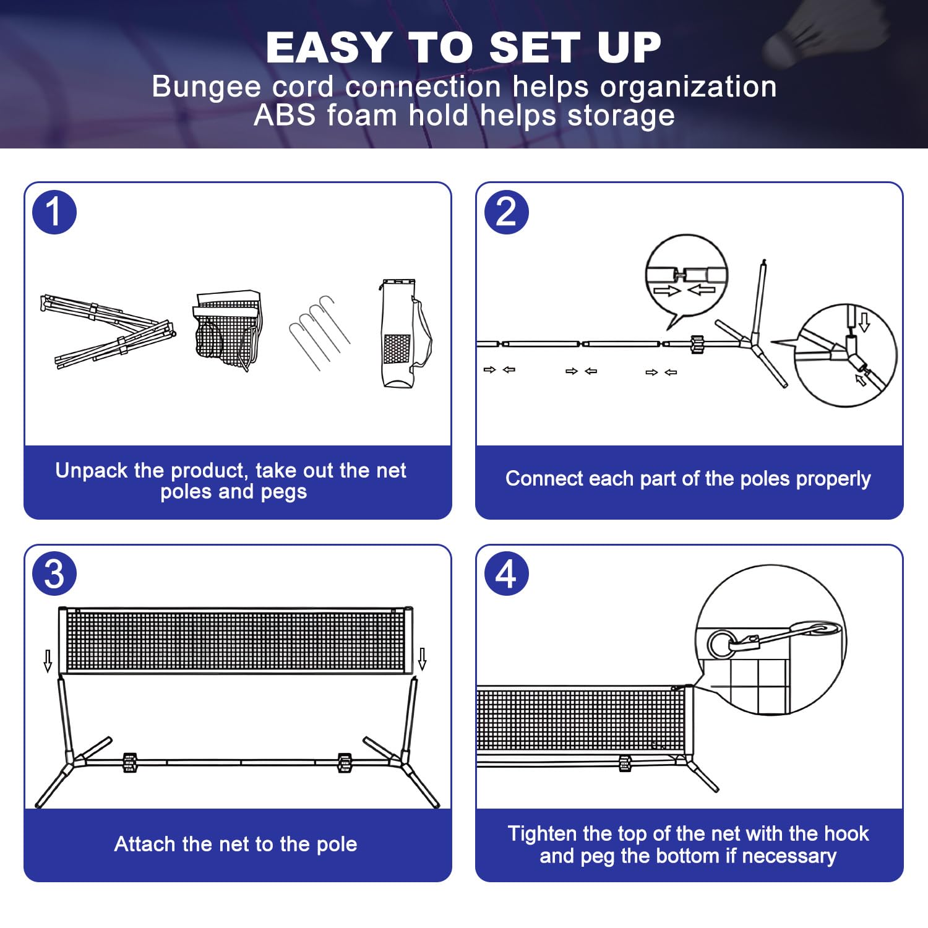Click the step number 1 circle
[x=54, y=212]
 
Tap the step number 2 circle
[x=506, y=212]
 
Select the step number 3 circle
[x=54, y=574]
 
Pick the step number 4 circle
[x=506, y=574]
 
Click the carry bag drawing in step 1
[x=403, y=334]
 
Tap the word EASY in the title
[x=329, y=48]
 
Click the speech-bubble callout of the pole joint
[x=686, y=276]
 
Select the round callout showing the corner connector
[x=845, y=355]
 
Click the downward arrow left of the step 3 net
[x=48, y=660]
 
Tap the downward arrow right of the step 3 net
[x=423, y=659]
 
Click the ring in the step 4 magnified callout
[x=721, y=644]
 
